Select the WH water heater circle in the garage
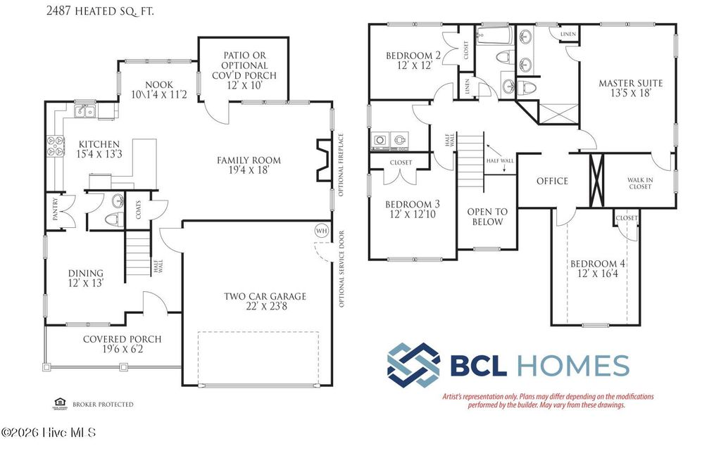(322, 231)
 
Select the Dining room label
(85, 273)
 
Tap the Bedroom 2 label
(413, 56)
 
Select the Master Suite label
(630, 83)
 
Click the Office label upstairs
(552, 181)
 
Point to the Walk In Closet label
(640, 184)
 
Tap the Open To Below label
(487, 217)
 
